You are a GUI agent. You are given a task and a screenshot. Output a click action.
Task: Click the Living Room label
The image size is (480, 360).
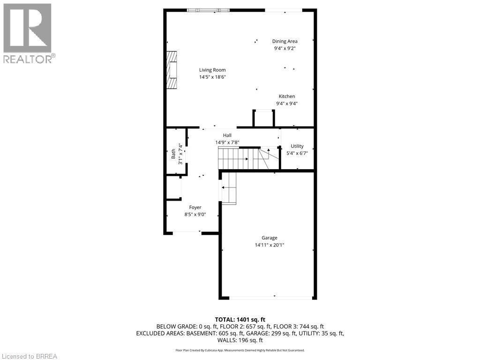212,70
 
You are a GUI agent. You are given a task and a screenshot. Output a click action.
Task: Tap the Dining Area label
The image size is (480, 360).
285,41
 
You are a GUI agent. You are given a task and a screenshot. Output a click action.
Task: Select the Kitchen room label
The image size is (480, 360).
287,97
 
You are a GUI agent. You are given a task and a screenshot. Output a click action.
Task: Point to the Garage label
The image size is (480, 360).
270,238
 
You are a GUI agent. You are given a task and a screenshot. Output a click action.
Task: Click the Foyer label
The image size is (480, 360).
195,207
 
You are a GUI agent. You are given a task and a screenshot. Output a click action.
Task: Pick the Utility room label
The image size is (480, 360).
297,146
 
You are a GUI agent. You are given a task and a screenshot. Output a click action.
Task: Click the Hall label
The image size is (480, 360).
227,135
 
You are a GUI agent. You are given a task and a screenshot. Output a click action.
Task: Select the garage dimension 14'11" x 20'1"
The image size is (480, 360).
270,245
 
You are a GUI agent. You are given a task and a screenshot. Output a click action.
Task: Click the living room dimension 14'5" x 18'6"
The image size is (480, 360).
212,77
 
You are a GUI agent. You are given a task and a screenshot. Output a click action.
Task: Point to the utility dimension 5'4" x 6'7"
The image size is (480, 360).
297,153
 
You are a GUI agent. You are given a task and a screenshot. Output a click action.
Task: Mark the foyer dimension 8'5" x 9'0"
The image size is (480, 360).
195,215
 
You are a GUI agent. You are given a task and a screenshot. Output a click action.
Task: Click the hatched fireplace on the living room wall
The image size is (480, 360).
172,69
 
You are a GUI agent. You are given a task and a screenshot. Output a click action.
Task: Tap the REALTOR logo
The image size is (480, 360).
28,33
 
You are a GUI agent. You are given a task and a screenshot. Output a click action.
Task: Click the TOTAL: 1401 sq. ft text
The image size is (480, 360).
240,319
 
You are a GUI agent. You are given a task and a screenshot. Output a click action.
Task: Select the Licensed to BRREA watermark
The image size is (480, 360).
29,356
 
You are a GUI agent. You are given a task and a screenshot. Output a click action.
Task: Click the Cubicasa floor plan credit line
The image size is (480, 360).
240,350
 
